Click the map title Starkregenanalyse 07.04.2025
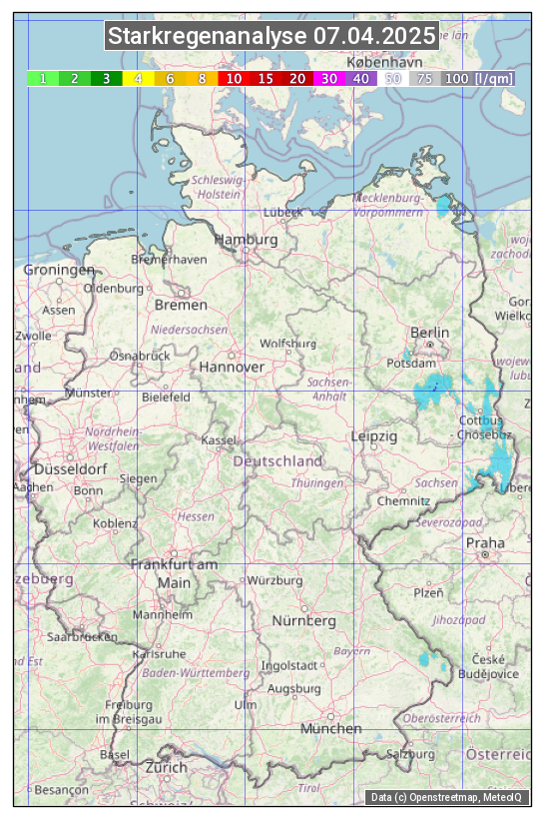[x=271, y=37]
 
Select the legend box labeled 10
[x=234, y=78]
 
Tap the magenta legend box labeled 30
[x=329, y=78]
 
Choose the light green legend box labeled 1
[x=43, y=78]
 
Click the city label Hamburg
[x=246, y=240]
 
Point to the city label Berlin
[x=429, y=332]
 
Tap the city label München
[x=331, y=728]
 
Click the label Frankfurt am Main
[x=174, y=573]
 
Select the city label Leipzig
[x=374, y=436]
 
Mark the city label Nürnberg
[x=304, y=620]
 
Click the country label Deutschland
[x=277, y=460]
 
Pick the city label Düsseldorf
[x=71, y=468]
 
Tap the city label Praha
[x=485, y=542]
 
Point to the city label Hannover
[x=232, y=367]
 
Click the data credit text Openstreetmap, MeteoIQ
[x=447, y=797]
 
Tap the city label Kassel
[x=219, y=439]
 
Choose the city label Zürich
[x=166, y=767]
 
